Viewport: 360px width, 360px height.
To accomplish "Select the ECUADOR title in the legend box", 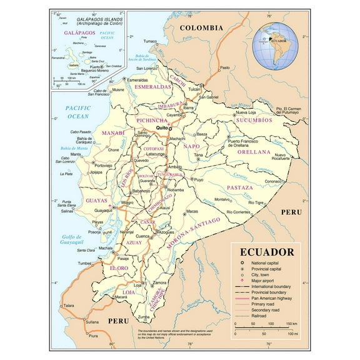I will tap(267, 252).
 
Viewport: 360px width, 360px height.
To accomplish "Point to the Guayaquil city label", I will tap(102, 211).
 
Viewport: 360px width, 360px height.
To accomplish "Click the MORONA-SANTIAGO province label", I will tap(194, 233).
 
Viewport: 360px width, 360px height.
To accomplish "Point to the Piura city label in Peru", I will tap(92, 336).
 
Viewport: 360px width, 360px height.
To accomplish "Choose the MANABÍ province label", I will tap(96, 132).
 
